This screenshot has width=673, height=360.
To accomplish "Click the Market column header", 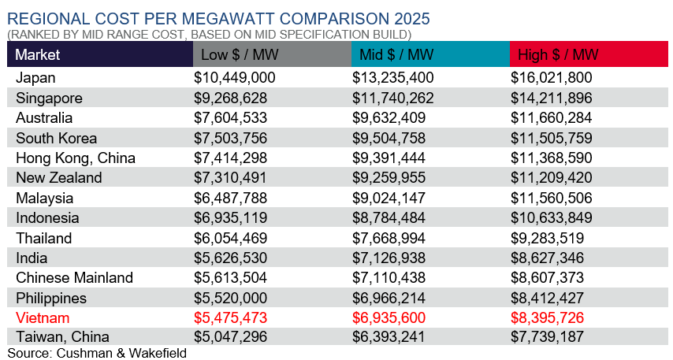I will click(x=38, y=54).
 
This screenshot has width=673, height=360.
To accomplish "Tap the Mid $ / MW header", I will click(x=396, y=54).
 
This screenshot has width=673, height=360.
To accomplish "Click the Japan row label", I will click(x=35, y=78).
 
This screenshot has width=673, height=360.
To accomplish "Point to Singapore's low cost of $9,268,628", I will click(x=231, y=98).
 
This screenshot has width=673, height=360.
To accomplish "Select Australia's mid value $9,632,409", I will click(x=392, y=118).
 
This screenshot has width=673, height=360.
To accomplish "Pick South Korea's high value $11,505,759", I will click(x=555, y=138).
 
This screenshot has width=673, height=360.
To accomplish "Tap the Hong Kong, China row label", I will click(x=76, y=158).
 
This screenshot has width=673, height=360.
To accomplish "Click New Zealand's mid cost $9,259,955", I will click(x=392, y=178).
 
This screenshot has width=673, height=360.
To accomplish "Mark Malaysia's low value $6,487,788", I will click(x=231, y=198).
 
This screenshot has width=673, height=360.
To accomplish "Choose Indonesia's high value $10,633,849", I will click(x=555, y=218).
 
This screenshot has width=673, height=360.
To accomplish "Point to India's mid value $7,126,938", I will click(x=392, y=258).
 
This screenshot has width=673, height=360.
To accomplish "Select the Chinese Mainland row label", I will click(x=74, y=278).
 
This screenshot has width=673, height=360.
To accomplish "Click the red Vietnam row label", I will click(x=43, y=318).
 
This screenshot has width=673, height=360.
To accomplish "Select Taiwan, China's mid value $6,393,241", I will click(x=392, y=338).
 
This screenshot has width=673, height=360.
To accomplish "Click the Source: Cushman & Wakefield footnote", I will click(x=97, y=353).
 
